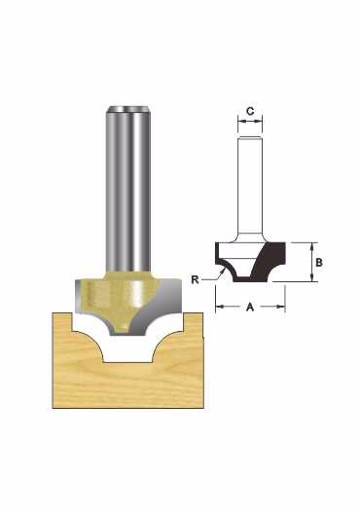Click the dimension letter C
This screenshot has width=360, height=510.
250,111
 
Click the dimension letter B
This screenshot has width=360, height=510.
319,262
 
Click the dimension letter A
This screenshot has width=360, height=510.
250,307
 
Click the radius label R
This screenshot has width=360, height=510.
195,279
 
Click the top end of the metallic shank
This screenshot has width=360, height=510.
128,108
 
